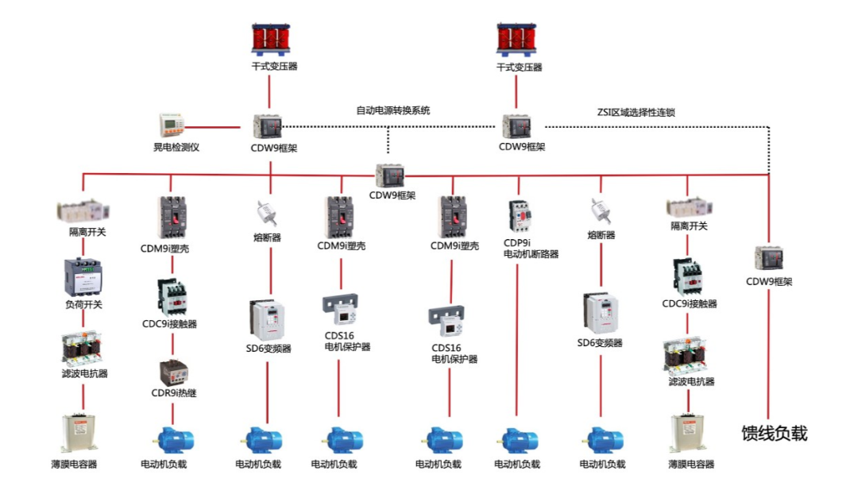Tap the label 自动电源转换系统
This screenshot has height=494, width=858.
tap(392, 111)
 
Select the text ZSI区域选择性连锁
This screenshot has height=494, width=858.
tap(636, 113)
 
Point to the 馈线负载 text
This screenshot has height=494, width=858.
tap(774, 434)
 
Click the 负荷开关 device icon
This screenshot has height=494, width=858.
tap(83, 276)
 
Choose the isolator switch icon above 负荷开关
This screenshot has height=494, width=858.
tap(83, 210)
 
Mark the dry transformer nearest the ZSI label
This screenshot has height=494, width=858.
tap(519, 38)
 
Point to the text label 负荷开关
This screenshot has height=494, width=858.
tap(83, 305)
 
